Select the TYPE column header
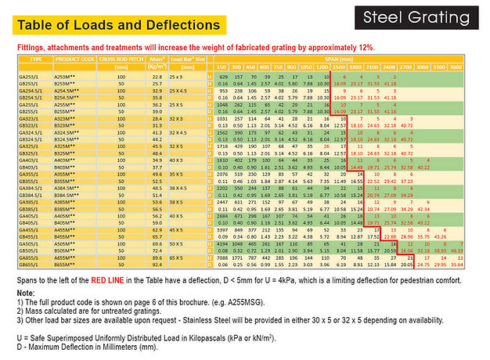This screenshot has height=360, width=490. click(35, 59)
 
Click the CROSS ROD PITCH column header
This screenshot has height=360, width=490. click(119, 59)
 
